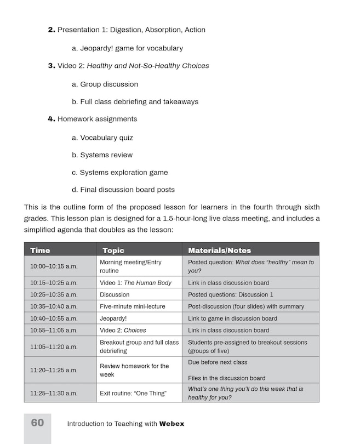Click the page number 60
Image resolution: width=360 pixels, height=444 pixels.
pyautogui.click(x=37, y=423)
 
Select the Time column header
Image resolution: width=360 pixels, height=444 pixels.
pyautogui.click(x=40, y=250)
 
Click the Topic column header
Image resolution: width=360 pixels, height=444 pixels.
pyautogui.click(x=113, y=250)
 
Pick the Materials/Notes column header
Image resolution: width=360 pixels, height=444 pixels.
pyautogui.click(x=219, y=250)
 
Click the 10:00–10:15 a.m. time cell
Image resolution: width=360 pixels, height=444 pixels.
pyautogui.click(x=54, y=266)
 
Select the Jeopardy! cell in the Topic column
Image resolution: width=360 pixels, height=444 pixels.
pyautogui.click(x=113, y=318)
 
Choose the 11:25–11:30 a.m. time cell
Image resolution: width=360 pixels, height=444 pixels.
pyautogui.click(x=54, y=393)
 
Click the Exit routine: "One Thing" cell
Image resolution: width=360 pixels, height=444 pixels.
pyautogui.click(x=133, y=393)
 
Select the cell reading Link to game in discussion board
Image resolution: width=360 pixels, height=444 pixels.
pyautogui.click(x=232, y=318)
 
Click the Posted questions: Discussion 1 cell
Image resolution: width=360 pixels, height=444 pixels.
pyautogui.click(x=230, y=294)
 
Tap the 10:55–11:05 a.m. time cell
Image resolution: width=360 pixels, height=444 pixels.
pyautogui.click(x=54, y=330)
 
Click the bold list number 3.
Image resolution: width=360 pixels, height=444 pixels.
pyautogui.click(x=52, y=66)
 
